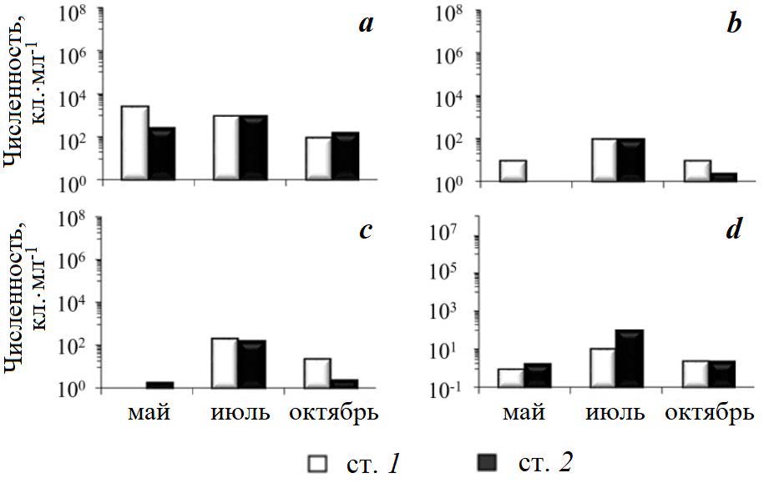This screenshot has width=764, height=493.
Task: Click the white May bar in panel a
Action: [134, 143]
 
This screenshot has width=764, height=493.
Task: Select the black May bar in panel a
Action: [162, 153]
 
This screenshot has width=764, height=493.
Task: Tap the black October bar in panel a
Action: [345, 156]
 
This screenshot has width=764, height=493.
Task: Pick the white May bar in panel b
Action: [513, 170]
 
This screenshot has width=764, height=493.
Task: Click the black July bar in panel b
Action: [631, 159]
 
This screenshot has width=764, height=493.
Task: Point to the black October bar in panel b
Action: [722, 177]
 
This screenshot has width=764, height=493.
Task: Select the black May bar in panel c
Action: [159, 385]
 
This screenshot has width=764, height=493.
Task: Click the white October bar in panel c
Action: [317, 373]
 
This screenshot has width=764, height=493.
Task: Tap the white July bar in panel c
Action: [225, 363]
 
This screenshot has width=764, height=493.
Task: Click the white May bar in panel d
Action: [511, 378]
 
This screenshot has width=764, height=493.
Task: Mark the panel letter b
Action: [734, 24]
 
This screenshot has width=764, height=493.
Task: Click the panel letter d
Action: [734, 230]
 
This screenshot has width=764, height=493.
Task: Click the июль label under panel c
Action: [238, 415]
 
